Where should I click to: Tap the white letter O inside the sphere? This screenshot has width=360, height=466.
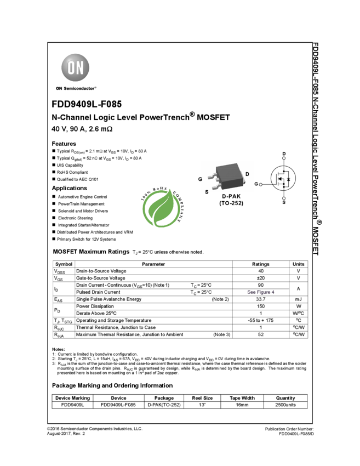point(71,67)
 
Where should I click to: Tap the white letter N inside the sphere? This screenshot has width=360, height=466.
point(81,67)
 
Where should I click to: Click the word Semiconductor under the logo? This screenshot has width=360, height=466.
point(80,88)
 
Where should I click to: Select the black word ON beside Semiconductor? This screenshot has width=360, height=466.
point(59,88)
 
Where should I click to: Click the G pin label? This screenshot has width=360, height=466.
point(200,179)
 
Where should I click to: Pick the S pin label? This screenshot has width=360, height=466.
point(207,192)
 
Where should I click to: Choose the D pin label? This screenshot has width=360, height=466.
point(247,174)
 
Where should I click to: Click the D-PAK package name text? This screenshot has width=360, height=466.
point(231,196)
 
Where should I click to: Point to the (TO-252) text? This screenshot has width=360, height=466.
point(231,203)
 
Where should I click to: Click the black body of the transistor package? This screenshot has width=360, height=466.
point(230,175)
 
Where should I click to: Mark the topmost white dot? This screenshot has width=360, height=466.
point(284,158)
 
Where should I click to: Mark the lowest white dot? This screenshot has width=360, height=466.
point(284,198)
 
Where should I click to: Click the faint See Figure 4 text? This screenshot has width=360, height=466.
point(261,292)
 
